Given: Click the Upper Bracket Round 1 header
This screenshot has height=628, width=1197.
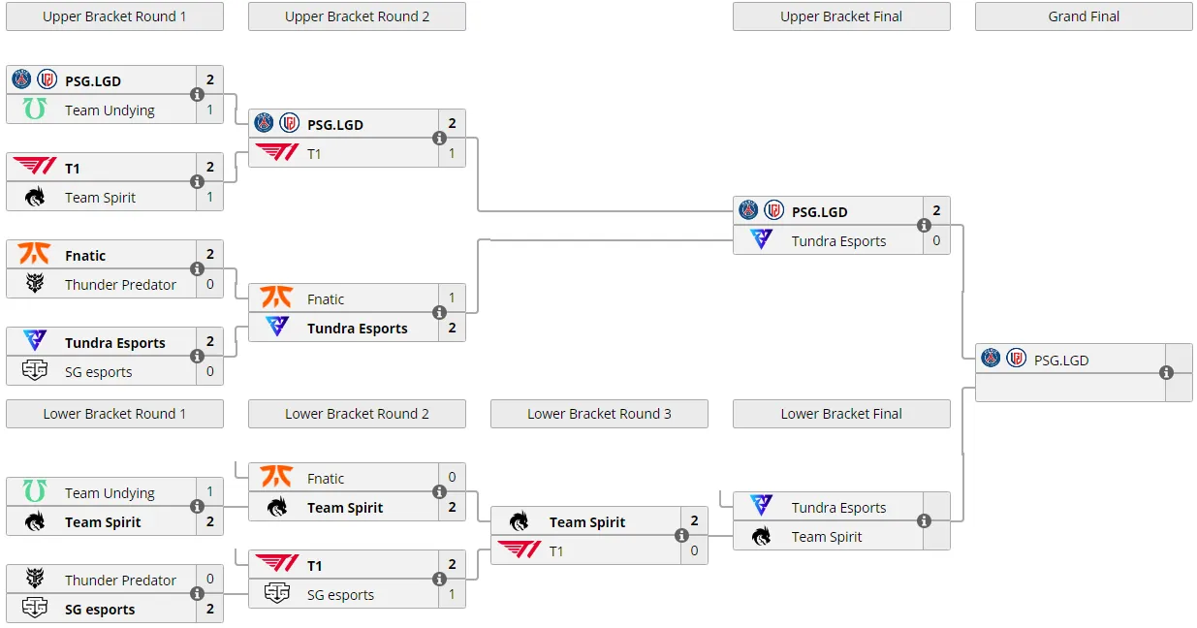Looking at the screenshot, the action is pos(115,16).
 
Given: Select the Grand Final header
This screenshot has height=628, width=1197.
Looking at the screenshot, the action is pos(1084,16).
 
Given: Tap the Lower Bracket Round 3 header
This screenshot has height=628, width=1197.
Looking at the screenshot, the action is pos(599,414).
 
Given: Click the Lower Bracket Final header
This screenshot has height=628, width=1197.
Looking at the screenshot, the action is pos(841,414).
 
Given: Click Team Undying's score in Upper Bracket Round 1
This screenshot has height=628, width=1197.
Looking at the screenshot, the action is pos(210,110).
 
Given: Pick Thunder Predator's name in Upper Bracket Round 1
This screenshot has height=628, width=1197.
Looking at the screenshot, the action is pos(120,285).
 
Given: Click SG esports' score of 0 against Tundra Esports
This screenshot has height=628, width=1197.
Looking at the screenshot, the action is pos(210,371).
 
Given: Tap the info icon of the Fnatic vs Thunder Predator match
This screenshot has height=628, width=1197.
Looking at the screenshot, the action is pos(197,268).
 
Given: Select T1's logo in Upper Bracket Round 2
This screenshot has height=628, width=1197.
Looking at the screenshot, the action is pos(277,152).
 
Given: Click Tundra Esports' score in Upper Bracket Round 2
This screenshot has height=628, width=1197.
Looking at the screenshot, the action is pos(452,328).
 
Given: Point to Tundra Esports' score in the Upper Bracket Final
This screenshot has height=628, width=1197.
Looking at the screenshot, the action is pos(936,240).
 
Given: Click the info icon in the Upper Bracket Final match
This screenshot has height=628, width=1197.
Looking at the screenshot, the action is pos(924,226).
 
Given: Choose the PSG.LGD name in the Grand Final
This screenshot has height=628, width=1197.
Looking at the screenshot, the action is pos(1061,361).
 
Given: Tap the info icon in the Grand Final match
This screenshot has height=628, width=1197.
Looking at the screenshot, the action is pos(1167,372).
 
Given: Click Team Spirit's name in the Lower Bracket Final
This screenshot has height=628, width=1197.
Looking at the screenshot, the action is pos(827,537).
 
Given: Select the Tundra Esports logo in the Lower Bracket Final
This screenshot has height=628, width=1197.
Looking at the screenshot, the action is pos(762,506).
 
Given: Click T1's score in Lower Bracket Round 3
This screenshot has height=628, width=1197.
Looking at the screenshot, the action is pos(694,550).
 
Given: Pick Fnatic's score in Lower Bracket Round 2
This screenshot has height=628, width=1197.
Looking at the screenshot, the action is pos(452,477).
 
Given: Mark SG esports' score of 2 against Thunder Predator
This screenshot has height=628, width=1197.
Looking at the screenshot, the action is pos(210,609).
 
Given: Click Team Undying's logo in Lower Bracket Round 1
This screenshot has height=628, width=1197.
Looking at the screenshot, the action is pos(35,491).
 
